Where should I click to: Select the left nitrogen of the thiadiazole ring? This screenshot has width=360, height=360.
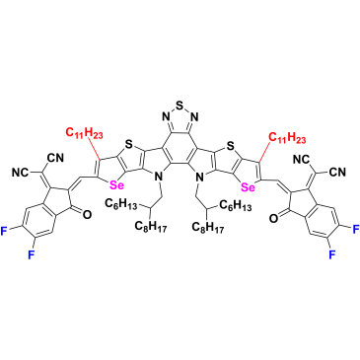point(165,116)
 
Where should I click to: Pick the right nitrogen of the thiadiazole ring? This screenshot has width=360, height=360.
point(194,116)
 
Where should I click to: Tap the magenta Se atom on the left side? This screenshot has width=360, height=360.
point(116,185)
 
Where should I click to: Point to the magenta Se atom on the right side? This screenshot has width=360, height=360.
point(249,187)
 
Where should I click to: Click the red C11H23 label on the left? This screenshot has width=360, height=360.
point(85,133)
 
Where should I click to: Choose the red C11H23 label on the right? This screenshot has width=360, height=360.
point(288,137)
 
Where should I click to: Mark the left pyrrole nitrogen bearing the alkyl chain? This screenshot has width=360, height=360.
point(160,178)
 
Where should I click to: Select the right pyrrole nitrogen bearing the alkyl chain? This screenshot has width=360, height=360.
point(198,178)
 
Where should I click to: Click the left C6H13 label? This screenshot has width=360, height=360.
point(121,204)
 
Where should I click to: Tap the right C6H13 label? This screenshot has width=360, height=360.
point(236,207)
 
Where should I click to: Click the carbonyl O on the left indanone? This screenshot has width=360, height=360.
point(86,215)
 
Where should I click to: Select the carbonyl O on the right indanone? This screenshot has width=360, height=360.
point(273,217)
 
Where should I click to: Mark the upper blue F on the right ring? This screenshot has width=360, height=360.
point(356,229)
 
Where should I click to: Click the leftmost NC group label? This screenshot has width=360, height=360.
point(21,172)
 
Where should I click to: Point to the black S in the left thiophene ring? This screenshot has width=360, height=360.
point(129,144)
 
